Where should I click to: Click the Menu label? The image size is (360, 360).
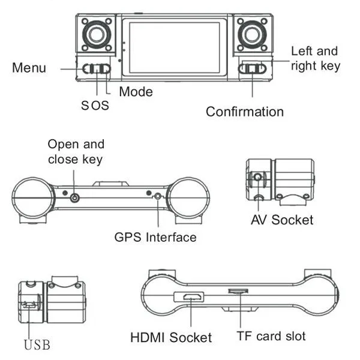point(29,68)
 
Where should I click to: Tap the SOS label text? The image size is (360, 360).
point(95,106)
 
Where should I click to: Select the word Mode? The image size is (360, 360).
point(136,92)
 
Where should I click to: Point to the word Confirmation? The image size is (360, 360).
point(245,112)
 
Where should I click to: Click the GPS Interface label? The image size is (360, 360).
point(155,237)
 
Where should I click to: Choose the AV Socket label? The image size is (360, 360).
point(282,220)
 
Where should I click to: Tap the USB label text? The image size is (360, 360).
point(37,345)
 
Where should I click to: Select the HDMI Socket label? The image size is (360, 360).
point(171,337)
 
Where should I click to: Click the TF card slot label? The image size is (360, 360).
point(271,337)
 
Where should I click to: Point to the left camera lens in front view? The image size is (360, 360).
point(97,35)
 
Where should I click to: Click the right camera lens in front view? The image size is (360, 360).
point(253,35)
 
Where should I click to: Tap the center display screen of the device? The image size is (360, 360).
point(175,47)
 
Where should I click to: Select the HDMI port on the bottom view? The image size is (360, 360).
point(193,297)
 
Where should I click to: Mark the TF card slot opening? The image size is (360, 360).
point(238,291)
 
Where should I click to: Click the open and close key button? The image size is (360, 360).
point(74,197)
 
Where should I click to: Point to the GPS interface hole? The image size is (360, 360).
point(157,197)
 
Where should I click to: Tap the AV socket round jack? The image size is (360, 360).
point(257,177)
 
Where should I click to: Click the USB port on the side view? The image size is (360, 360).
point(29,305)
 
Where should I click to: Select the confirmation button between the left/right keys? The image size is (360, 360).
point(253,69)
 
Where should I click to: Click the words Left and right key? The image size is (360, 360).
point(316,59)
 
